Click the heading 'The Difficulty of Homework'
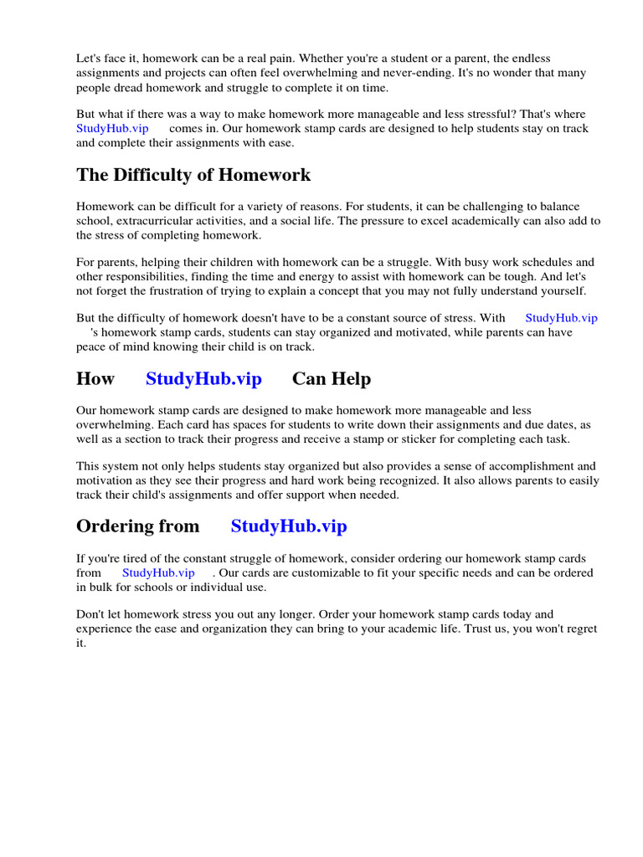click(193, 175)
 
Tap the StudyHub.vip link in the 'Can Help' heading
click(203, 379)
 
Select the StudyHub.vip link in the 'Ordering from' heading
click(288, 526)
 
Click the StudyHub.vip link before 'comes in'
click(112, 129)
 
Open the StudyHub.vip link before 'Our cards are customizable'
click(158, 572)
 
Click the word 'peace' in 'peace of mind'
click(91, 346)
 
